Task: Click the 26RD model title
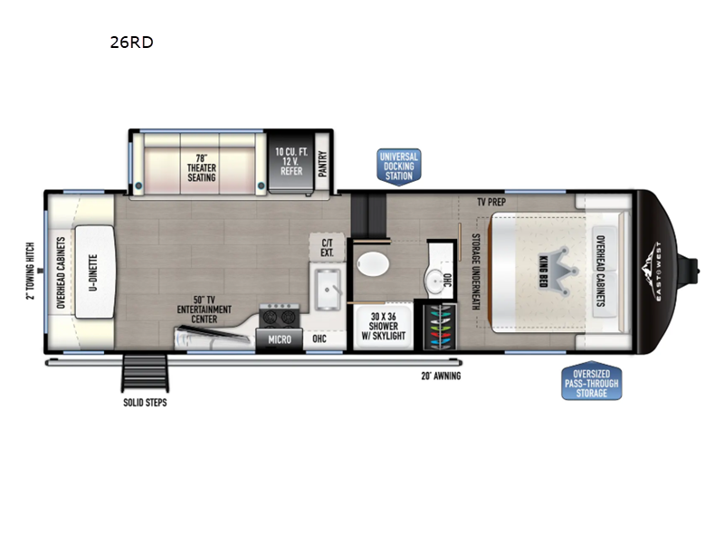coord(131,42)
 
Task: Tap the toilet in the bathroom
coord(373,264)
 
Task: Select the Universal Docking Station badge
coord(399,167)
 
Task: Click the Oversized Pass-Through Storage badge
coord(592,381)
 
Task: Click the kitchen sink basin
coord(328,290)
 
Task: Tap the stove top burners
coord(280,317)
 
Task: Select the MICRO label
coord(280,340)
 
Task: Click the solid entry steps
coord(145,373)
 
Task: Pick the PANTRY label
coord(323,164)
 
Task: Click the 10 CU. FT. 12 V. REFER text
coord(291,161)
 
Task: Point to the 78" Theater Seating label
coord(201,167)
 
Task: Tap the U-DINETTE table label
coord(93,272)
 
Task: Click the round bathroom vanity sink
coord(434,280)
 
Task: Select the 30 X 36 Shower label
coord(383,327)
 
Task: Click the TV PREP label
coord(491,202)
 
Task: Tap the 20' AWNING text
coord(441,376)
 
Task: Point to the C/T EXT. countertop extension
coord(327,248)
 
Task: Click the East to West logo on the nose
coord(654,271)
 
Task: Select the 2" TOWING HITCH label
coord(31,271)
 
